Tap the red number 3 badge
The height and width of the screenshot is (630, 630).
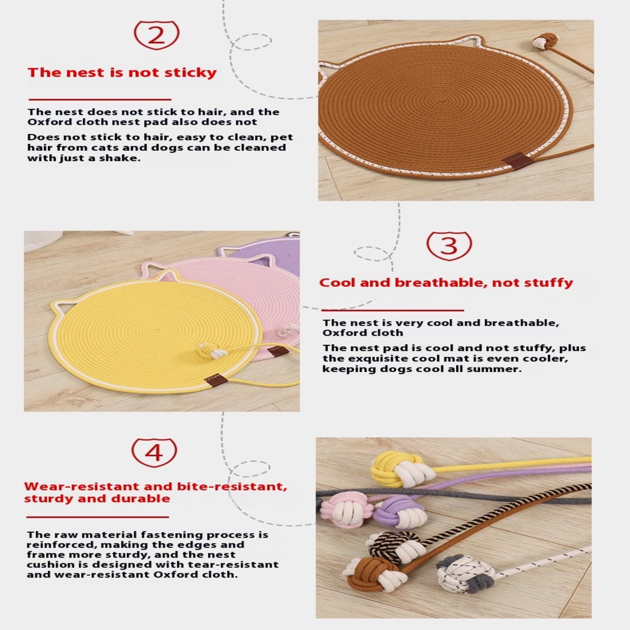coord(449,245)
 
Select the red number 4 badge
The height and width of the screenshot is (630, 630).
coord(154,452)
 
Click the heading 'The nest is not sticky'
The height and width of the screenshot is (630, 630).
coord(122,73)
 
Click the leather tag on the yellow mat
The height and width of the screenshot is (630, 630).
coord(216,380)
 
